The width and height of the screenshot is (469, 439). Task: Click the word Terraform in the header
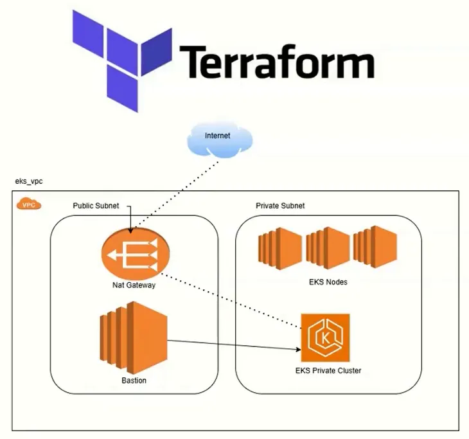(277, 62)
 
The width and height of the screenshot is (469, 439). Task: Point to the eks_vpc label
(30, 182)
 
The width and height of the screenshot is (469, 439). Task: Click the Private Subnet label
(276, 206)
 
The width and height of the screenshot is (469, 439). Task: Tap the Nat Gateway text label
(134, 285)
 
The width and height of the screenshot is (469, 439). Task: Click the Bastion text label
(134, 381)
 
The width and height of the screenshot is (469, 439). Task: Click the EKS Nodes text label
(327, 282)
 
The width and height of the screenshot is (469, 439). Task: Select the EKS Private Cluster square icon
(326, 337)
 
